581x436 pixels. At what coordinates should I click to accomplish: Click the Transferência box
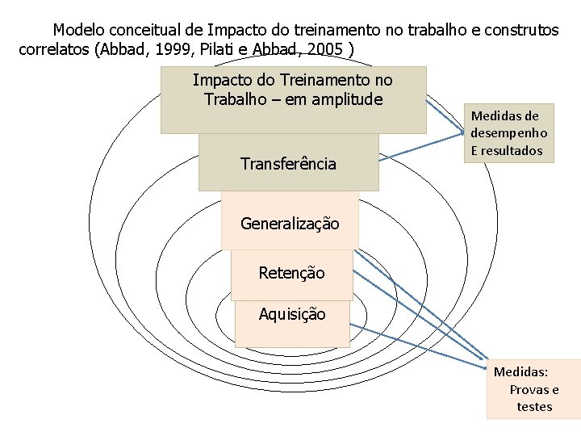coord(288,163)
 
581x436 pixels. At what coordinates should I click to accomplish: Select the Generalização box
coord(290,222)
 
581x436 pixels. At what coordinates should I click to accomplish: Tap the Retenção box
coord(291,273)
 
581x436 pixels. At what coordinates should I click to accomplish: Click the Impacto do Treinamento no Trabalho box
coord(293,100)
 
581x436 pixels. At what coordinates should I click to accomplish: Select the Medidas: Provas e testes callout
coord(533,389)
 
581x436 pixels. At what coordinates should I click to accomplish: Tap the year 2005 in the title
coord(324,49)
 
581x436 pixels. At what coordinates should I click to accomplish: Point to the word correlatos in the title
coord(54,49)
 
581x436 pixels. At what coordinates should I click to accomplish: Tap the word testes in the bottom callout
coord(534,406)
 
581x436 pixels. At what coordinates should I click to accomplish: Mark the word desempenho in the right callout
coord(509,133)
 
